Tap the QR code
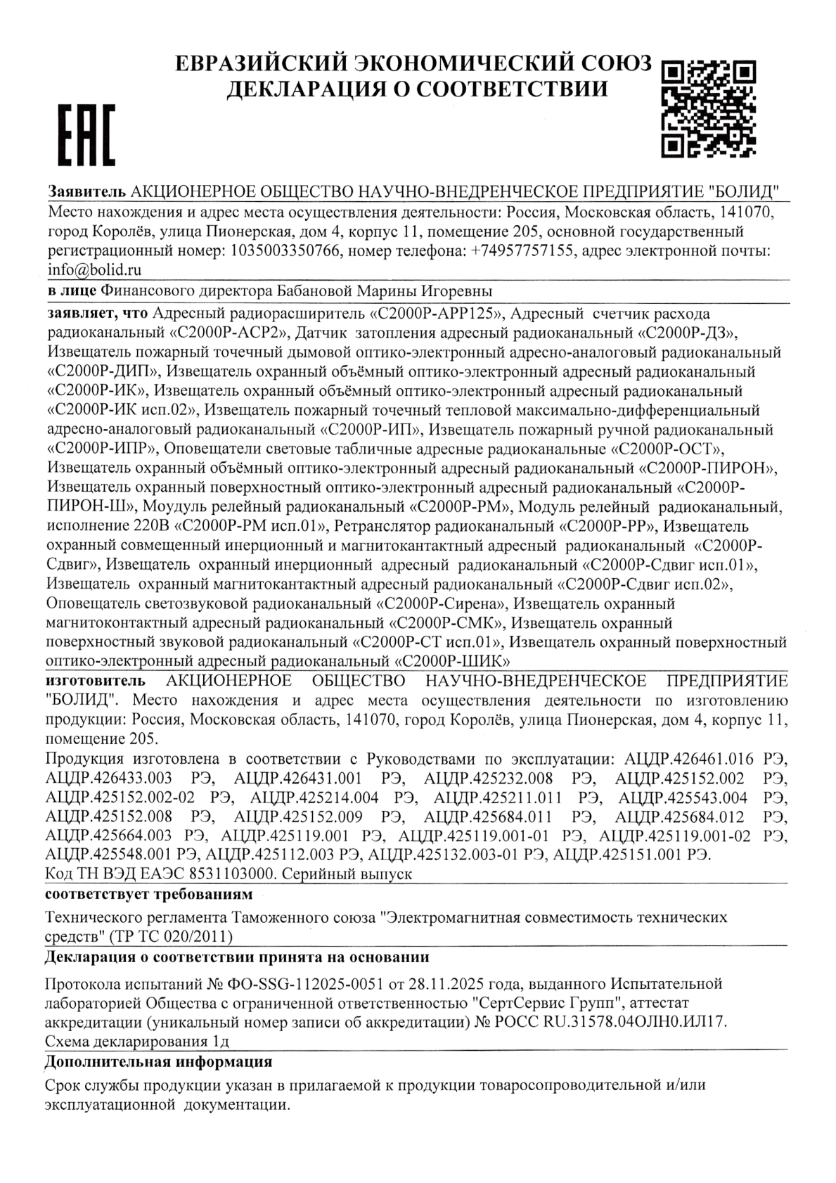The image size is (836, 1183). [709, 107]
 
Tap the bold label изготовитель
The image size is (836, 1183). [96, 681]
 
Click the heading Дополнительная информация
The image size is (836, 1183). [157, 1061]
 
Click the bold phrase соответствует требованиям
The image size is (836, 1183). [147, 895]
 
